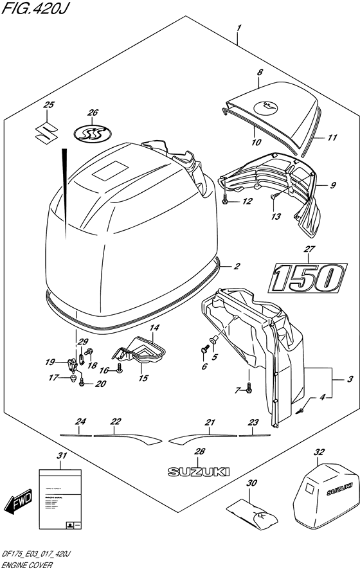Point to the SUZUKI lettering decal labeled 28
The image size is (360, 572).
point(199,472)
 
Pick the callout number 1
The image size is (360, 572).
point(239,28)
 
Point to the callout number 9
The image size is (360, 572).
point(333,186)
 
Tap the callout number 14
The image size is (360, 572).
point(155,328)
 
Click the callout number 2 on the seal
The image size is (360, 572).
point(237,266)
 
